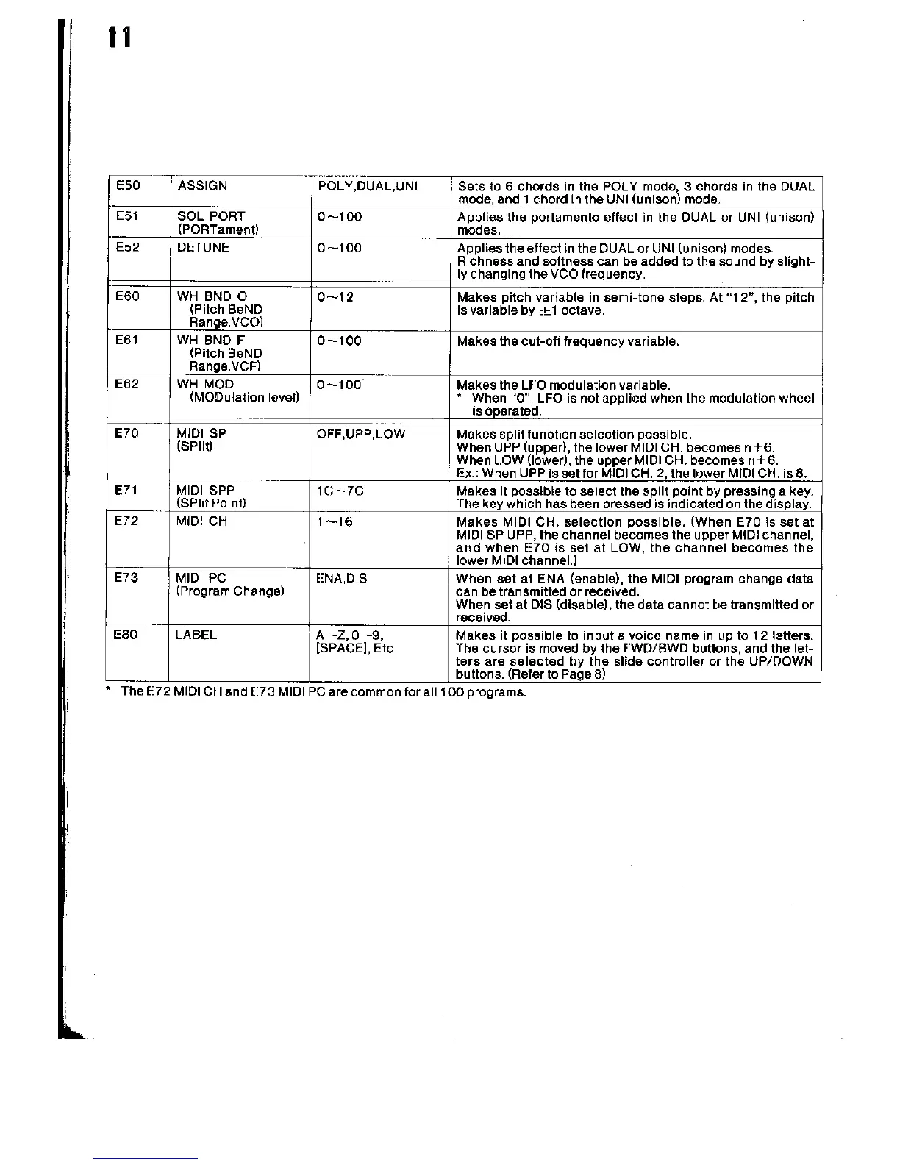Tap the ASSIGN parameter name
tap(202, 186)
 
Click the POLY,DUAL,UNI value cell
tap(368, 186)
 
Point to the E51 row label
tap(127, 216)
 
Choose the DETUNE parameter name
tap(204, 247)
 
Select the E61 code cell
tap(127, 341)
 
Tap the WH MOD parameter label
tap(206, 384)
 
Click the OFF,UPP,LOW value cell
tap(360, 434)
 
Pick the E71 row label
tap(127, 490)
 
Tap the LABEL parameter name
tap(197, 635)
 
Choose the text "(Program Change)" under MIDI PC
tap(230, 591)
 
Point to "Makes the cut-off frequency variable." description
tap(568, 341)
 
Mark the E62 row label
tap(127, 384)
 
